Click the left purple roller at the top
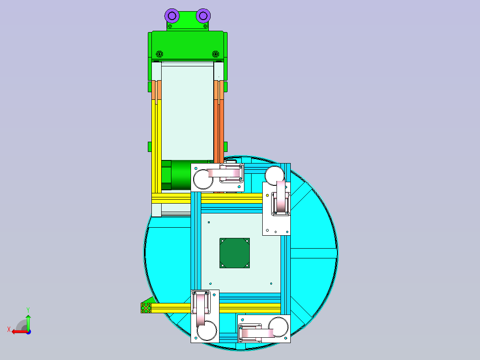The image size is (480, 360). [172, 16]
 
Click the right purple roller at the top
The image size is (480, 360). [203, 16]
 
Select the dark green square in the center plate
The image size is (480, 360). [235, 253]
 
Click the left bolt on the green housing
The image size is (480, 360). [159, 54]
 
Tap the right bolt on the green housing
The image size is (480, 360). [216, 54]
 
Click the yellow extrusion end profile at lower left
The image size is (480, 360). [146, 308]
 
